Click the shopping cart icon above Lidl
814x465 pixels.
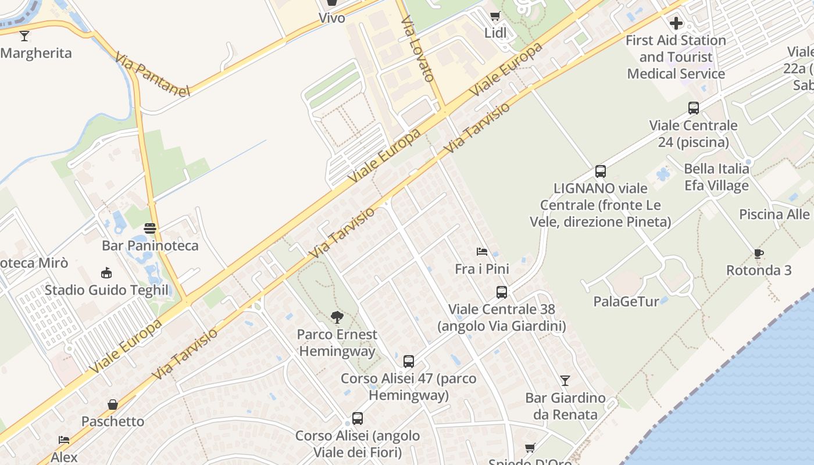[495, 16]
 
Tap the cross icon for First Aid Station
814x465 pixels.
[676, 23]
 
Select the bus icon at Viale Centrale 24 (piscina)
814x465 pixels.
[693, 108]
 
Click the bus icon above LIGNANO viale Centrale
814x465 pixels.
[600, 171]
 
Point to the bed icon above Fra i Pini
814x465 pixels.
[481, 252]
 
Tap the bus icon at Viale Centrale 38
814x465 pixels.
[501, 292]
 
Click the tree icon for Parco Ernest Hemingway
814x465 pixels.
[337, 317]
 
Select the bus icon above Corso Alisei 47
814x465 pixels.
[408, 362]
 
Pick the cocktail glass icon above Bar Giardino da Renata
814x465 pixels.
[565, 381]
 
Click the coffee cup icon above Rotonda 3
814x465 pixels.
[758, 253]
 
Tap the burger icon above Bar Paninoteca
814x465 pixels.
[150, 228]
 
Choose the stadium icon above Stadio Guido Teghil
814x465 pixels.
[106, 273]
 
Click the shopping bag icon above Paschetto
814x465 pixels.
[113, 405]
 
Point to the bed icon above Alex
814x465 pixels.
[64, 441]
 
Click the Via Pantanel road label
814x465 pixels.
[152, 74]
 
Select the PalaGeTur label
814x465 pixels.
[626, 301]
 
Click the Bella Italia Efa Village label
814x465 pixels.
[716, 177]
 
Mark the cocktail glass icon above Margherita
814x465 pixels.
[24, 36]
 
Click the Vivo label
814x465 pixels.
[331, 18]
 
